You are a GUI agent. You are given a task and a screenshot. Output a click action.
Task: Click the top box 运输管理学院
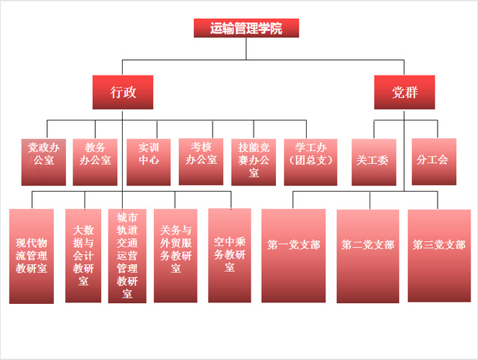247,28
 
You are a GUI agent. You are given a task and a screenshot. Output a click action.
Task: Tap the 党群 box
404,92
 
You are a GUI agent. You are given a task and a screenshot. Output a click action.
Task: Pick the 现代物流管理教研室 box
31,256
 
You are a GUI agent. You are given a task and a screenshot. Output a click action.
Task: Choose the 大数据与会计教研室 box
83,256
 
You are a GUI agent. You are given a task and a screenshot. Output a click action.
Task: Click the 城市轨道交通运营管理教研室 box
127,256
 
